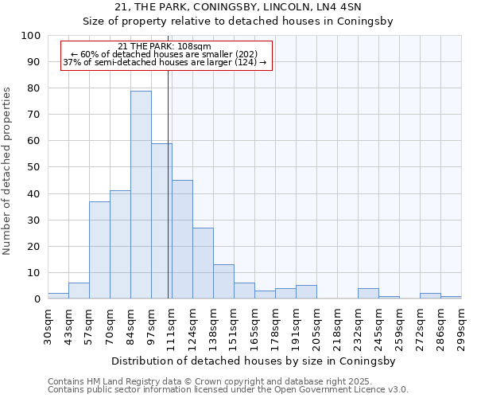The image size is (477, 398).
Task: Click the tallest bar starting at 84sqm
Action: [141, 195]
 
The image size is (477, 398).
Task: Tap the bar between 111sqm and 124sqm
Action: [182, 239]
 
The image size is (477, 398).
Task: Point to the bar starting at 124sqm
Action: [203, 263]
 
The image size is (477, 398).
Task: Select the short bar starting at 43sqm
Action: [79, 291]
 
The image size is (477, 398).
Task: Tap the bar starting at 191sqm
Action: [306, 292]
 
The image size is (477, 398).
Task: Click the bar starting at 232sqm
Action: [368, 294]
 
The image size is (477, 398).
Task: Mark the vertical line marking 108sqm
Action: [169, 183]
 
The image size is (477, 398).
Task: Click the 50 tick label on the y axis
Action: [33, 167]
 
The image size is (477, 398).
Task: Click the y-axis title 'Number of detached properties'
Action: [7, 171]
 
